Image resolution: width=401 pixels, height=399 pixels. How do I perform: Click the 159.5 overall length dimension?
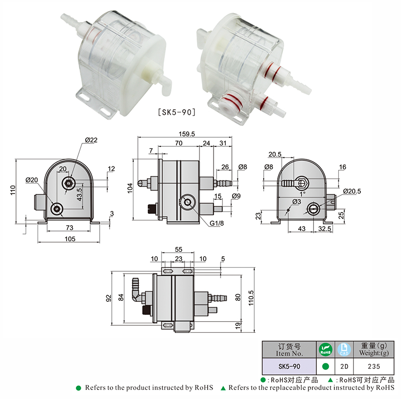pyautogui.click(x=186, y=134)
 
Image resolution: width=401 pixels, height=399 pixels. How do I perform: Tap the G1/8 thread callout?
pyautogui.click(x=217, y=223)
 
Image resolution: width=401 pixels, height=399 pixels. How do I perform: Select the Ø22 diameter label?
pyautogui.click(x=91, y=140)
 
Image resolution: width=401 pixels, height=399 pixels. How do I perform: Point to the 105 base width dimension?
pyautogui.click(x=70, y=239)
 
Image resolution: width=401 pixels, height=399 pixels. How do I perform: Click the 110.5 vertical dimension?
pyautogui.click(x=251, y=298)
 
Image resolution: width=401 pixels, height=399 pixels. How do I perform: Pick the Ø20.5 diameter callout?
pyautogui.click(x=352, y=191)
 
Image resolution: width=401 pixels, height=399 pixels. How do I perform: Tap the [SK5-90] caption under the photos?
pyautogui.click(x=177, y=112)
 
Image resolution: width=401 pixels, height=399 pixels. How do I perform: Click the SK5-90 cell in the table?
pyautogui.click(x=289, y=366)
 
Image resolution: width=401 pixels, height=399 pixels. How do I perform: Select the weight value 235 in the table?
pyautogui.click(x=373, y=366)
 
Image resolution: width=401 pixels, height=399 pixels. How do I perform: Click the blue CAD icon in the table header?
pyautogui.click(x=344, y=349)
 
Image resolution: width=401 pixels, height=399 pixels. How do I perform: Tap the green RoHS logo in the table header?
pyautogui.click(x=325, y=349)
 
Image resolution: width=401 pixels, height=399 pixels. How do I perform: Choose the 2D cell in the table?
pyautogui.click(x=344, y=366)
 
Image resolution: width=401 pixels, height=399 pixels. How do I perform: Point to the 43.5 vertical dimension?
pyautogui.click(x=80, y=194)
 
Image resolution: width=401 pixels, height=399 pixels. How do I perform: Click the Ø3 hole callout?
pyautogui.click(x=297, y=202)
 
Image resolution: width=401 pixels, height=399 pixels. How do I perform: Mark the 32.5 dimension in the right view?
pyautogui.click(x=324, y=229)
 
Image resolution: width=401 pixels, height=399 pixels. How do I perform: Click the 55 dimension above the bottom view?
pyautogui.click(x=178, y=249)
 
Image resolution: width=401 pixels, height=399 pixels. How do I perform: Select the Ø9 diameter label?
pyautogui.click(x=236, y=196)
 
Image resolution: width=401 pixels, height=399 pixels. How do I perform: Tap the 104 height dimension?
pyautogui.click(x=130, y=188)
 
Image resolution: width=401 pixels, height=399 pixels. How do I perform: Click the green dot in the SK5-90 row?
pyautogui.click(x=325, y=366)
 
